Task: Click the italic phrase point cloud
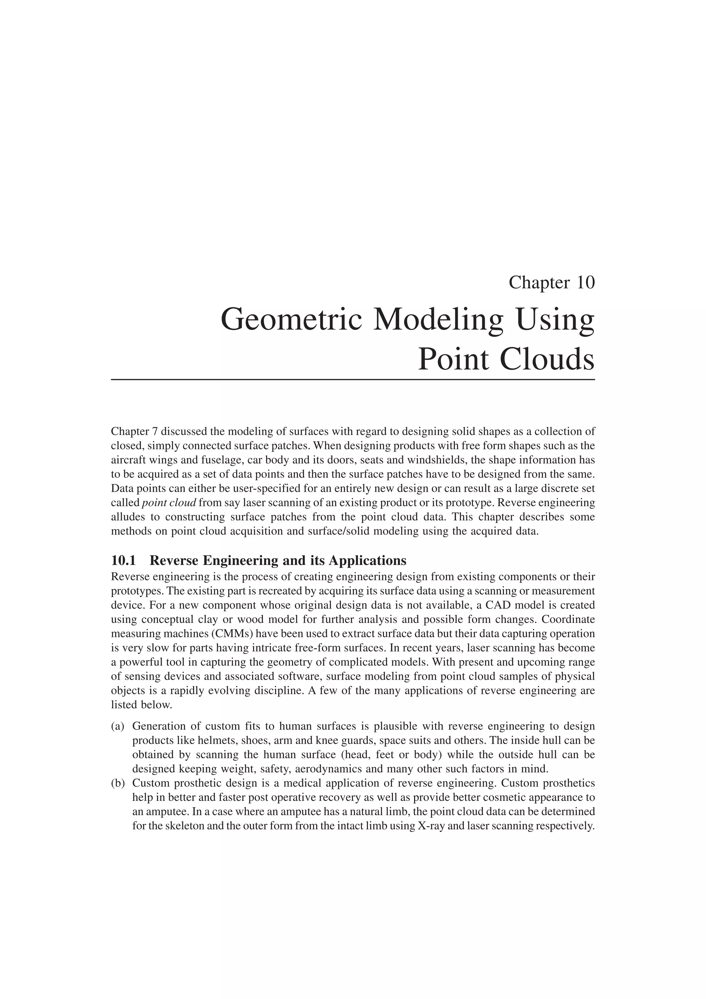169,503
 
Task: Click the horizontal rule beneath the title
352,380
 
